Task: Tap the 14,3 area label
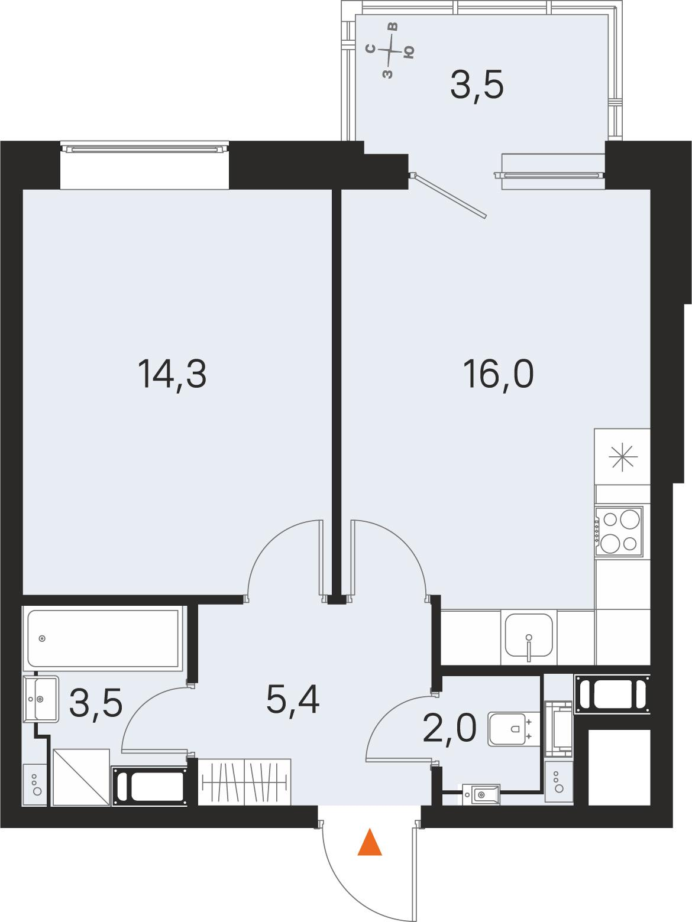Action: coord(172,375)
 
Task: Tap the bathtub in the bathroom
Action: coord(103,638)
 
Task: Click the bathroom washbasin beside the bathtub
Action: coord(41,699)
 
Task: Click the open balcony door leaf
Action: coord(448,195)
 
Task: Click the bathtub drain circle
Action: coord(42,638)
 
